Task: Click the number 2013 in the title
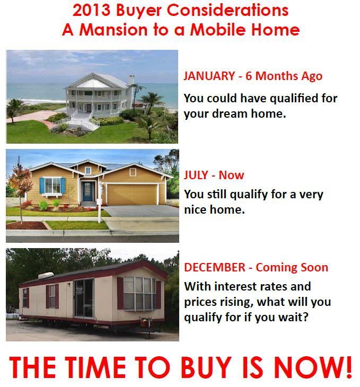tap(91, 11)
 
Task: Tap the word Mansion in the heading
tap(113, 30)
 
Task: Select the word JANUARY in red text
tap(209, 76)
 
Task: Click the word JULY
tap(196, 175)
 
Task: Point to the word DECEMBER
tap(215, 267)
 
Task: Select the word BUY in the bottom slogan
tap(206, 367)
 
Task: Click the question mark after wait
tap(306, 316)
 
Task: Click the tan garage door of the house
tap(132, 194)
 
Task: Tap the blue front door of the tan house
tap(87, 191)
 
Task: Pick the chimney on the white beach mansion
tap(131, 80)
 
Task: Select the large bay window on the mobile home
tap(139, 294)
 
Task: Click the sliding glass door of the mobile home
tap(84, 298)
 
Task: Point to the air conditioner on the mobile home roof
tap(46, 275)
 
